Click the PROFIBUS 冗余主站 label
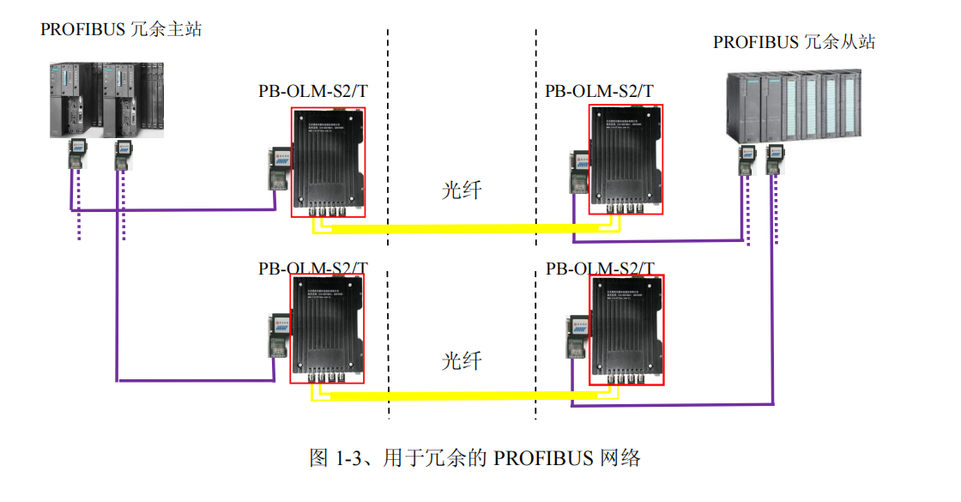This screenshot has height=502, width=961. [121, 29]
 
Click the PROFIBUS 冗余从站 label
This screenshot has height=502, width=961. [794, 42]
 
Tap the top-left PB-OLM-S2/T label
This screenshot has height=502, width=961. [313, 91]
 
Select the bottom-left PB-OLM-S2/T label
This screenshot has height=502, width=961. [313, 268]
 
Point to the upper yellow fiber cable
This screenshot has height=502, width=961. [463, 228]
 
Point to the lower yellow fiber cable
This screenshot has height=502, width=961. [463, 396]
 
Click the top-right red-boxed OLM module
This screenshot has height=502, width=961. [626, 161]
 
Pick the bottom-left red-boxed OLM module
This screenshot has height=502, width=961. [329, 330]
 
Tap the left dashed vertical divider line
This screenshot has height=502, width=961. [388, 129]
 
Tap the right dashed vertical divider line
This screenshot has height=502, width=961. [536, 129]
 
